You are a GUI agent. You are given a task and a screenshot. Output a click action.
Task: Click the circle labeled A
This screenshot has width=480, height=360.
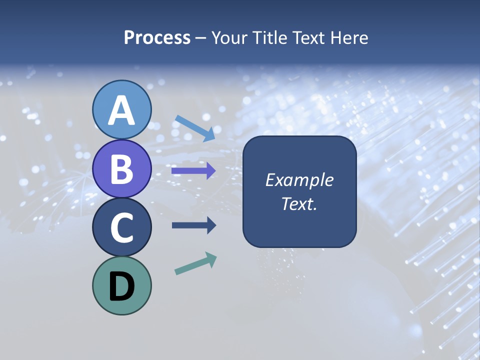[121, 110]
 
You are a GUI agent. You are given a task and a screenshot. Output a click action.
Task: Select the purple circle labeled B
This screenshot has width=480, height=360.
[121, 168]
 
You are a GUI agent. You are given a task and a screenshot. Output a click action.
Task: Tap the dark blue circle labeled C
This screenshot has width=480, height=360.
[121, 227]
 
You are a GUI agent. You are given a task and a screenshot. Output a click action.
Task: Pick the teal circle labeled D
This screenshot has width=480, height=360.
[121, 285]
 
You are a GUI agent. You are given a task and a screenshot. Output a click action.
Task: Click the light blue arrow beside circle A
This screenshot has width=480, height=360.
[195, 128]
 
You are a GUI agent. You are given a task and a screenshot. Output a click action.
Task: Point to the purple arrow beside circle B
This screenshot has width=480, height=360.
[193, 170]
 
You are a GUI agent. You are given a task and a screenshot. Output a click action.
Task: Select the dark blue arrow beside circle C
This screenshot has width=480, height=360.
[193, 225]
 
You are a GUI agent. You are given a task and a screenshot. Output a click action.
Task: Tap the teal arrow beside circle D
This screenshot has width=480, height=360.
[195, 263]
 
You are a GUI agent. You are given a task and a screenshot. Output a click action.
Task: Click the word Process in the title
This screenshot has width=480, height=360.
[157, 38]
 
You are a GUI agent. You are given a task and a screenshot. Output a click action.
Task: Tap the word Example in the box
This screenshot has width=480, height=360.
[299, 180]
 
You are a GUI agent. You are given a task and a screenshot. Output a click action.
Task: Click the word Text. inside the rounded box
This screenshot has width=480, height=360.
[299, 203]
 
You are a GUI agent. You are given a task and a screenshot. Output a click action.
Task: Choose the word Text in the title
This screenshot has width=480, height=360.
[306, 38]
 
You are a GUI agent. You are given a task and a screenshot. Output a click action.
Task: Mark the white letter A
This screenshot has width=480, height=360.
[121, 111]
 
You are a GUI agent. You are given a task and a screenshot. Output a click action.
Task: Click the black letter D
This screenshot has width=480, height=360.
[121, 286]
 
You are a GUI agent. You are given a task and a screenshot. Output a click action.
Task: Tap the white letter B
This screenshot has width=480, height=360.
[121, 169]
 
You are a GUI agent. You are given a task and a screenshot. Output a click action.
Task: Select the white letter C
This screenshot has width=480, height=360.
[121, 227]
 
